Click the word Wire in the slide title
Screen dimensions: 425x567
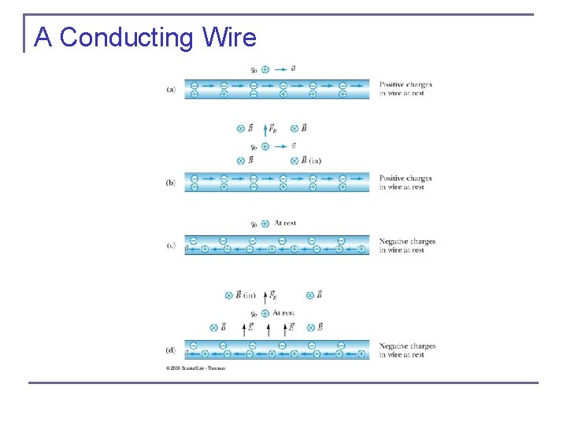tap(229, 37)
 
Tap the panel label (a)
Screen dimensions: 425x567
tap(171, 89)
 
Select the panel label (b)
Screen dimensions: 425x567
tap(171, 183)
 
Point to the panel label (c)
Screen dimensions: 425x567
tap(171, 245)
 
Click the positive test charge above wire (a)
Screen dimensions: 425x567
tap(265, 69)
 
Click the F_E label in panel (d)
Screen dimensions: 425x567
tap(272, 295)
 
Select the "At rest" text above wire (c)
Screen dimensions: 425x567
tap(285, 224)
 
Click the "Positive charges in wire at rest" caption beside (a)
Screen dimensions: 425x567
tap(406, 89)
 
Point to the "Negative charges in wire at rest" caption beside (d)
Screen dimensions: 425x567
tap(407, 350)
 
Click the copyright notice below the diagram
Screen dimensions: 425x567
tap(195, 368)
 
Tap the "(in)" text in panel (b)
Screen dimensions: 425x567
tap(315, 161)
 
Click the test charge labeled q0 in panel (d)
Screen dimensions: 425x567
tap(265, 313)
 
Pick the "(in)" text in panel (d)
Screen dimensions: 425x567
tap(249, 295)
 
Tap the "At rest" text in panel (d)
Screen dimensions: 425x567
tap(283, 313)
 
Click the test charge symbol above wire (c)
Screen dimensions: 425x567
tap(265, 224)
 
